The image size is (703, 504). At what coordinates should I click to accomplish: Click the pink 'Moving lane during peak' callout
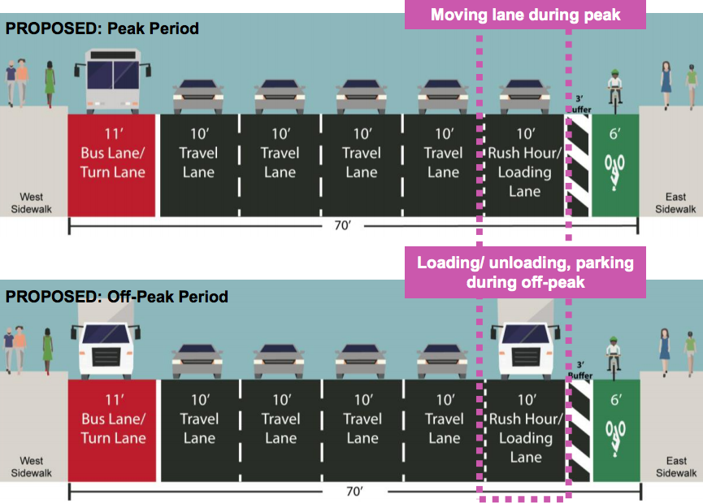[525, 15]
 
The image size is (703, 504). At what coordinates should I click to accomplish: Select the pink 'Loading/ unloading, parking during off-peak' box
[525, 273]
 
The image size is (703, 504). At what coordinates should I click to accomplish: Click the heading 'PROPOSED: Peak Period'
[102, 29]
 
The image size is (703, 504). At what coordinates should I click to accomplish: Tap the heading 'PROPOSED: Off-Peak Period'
[116, 297]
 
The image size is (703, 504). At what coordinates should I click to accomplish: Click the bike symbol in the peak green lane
[615, 167]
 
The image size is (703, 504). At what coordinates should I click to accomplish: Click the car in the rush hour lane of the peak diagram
[525, 97]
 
